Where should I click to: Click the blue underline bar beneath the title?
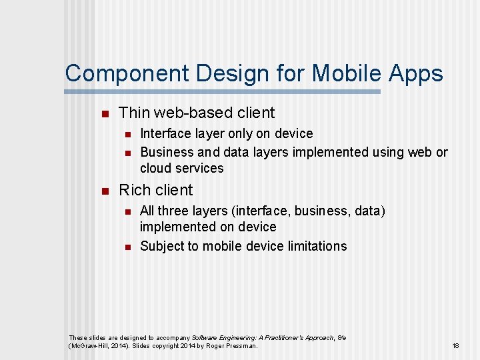[223, 91]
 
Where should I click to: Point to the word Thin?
[135, 113]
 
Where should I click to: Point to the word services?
[200, 168]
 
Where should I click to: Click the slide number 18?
[456, 346]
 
